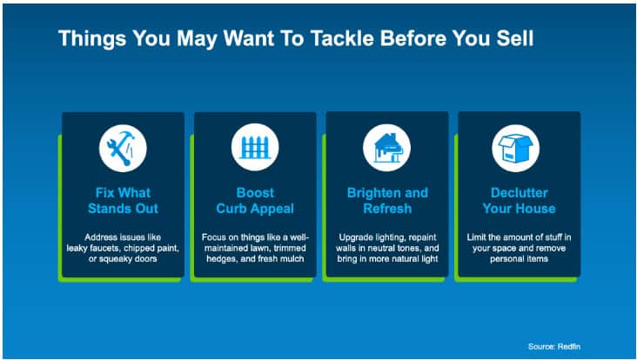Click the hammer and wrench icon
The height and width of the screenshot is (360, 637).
pyautogui.click(x=123, y=148)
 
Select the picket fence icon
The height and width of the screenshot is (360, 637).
pyautogui.click(x=255, y=147)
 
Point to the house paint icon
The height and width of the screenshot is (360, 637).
pyautogui.click(x=386, y=148)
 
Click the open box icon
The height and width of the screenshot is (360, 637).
pyautogui.click(x=515, y=148)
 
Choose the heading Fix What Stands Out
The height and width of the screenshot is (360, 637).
pyautogui.click(x=123, y=201)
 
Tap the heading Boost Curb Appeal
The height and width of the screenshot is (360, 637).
pyautogui.click(x=255, y=201)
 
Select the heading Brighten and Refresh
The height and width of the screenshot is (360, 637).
pyautogui.click(x=387, y=201)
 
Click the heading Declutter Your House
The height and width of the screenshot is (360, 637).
pyautogui.click(x=520, y=201)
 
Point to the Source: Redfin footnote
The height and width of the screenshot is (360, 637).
pyautogui.click(x=554, y=347)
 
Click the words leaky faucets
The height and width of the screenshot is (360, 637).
pyautogui.click(x=88, y=248)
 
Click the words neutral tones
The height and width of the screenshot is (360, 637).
pyautogui.click(x=390, y=248)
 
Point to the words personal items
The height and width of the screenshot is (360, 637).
pyautogui.click(x=520, y=258)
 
